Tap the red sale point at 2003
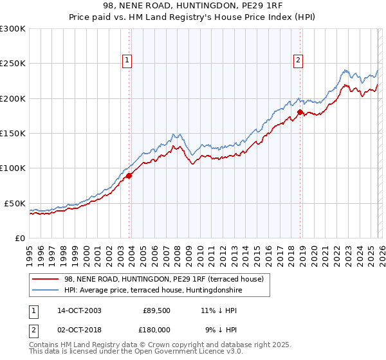pos(129,175)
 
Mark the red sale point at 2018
pos(300,113)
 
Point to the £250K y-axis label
pos(12,64)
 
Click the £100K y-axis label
pos(12,168)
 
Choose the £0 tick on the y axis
pos(20,238)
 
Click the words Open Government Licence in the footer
pos(172,352)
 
